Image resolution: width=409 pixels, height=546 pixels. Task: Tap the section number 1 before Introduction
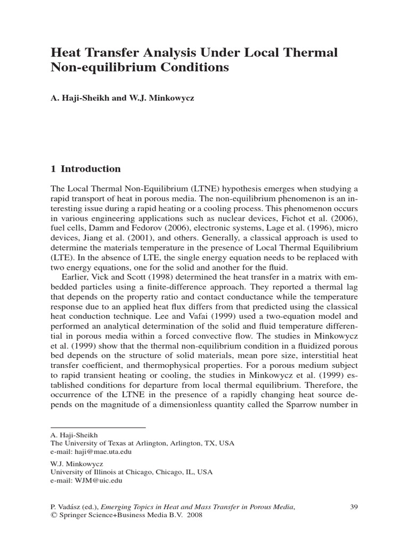click(x=53, y=169)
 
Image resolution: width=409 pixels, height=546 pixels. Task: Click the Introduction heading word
click(x=91, y=169)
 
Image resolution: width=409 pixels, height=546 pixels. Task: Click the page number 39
click(x=354, y=507)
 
